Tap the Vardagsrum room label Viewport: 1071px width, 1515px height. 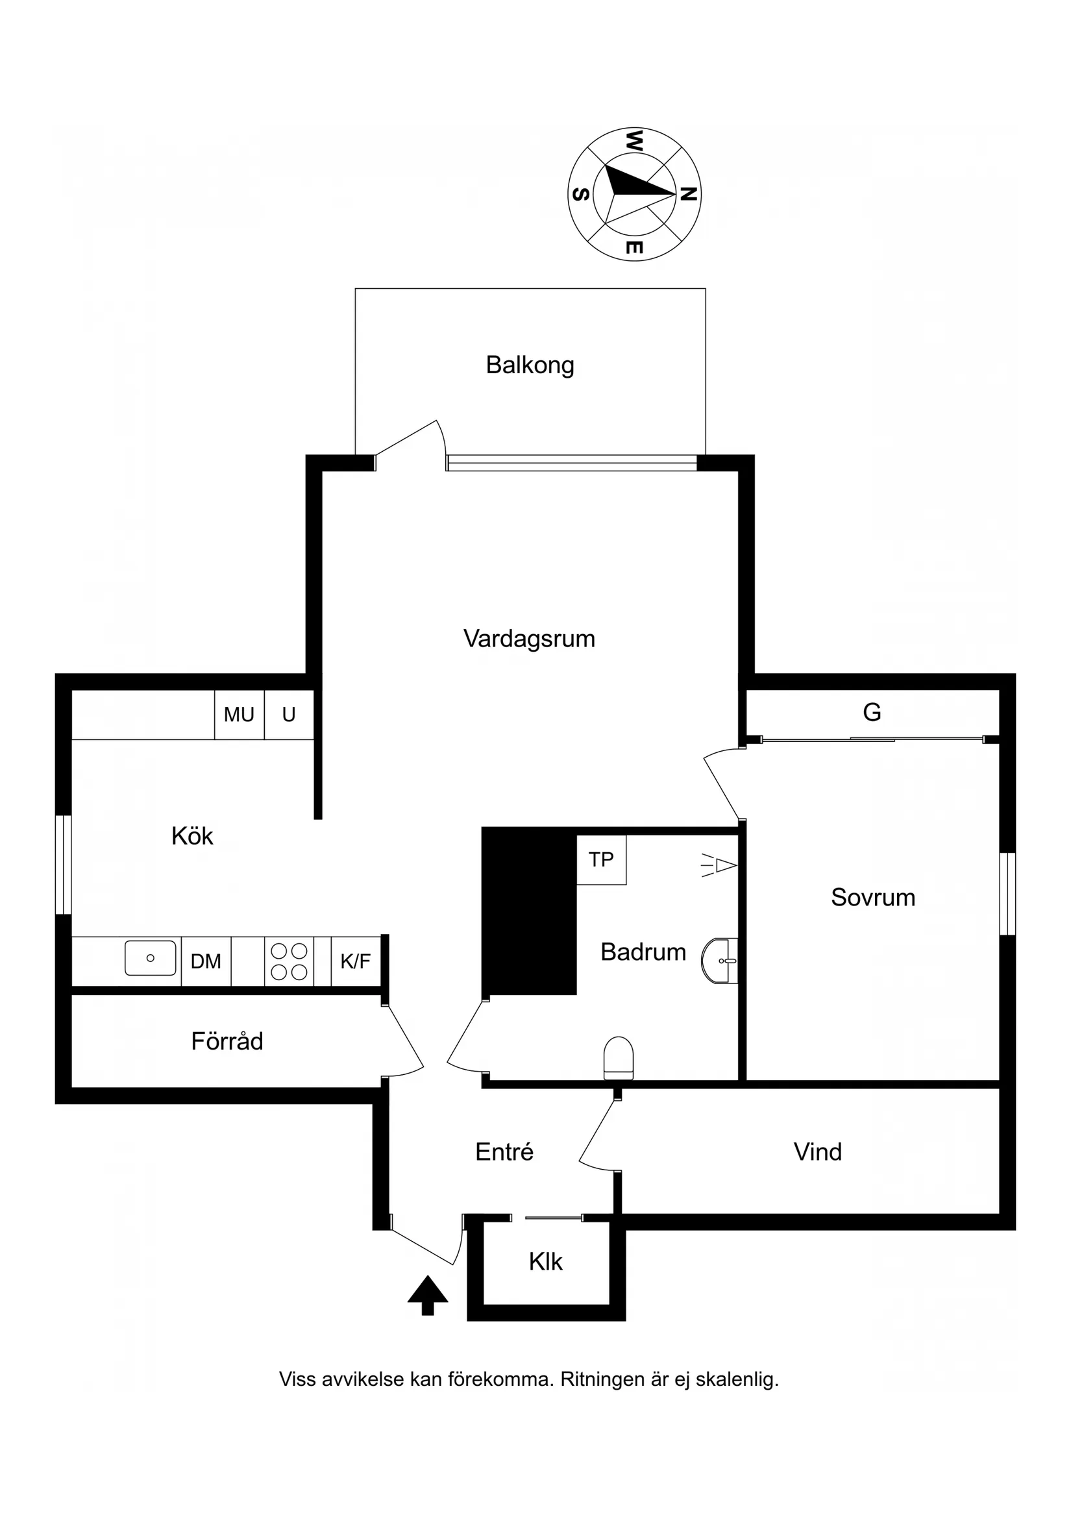[528, 638]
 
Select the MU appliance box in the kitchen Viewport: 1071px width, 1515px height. [239, 714]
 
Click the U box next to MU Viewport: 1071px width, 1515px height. [288, 714]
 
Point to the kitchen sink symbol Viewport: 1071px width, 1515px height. [151, 958]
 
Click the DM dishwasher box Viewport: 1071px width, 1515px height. [206, 961]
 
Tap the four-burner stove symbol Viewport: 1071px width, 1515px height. [289, 961]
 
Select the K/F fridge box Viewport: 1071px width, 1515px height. [356, 961]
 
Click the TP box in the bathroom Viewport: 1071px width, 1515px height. [600, 859]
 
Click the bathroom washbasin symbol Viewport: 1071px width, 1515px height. [720, 961]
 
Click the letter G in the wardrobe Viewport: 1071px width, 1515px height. [872, 712]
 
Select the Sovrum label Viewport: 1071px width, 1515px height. [872, 898]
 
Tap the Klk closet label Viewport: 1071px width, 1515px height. [545, 1262]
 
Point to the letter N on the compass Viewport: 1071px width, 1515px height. [688, 194]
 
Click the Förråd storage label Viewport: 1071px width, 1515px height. [227, 1041]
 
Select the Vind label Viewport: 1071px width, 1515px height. [817, 1152]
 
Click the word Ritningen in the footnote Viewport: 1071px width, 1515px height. [602, 1379]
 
